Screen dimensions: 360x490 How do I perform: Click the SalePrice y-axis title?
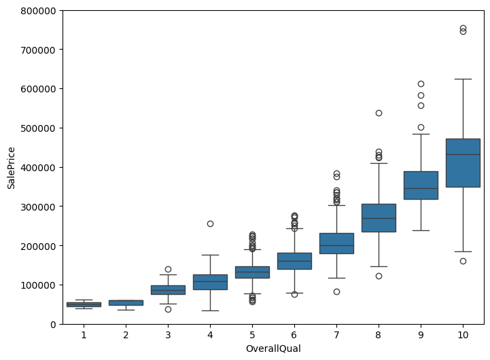(x=11, y=167)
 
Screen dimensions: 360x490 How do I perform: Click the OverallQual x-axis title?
(x=273, y=348)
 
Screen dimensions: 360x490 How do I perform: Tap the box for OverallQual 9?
(x=421, y=185)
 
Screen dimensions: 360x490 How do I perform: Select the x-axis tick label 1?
(x=84, y=335)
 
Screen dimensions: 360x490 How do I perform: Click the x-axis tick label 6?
(x=294, y=335)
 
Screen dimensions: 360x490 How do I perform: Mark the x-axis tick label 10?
(x=463, y=335)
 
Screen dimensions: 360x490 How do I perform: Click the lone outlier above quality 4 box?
(x=210, y=223)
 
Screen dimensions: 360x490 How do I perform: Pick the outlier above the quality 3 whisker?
(x=168, y=269)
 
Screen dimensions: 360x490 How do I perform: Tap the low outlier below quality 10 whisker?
(x=463, y=261)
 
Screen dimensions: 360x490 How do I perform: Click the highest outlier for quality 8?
(x=379, y=113)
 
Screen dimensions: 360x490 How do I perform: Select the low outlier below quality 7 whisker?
(x=336, y=291)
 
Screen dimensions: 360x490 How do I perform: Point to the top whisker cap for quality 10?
(x=463, y=79)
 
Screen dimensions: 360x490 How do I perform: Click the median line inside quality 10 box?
(x=463, y=155)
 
